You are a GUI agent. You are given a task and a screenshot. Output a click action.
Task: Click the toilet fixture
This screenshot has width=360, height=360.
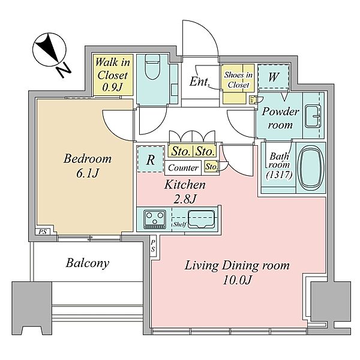pos(152,67)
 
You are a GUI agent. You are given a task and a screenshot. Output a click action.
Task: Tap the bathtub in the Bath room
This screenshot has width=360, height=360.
pos(310,167)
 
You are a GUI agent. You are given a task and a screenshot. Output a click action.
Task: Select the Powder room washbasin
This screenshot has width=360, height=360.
pos(313,116)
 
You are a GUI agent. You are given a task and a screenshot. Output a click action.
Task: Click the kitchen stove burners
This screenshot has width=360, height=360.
pos(155,219)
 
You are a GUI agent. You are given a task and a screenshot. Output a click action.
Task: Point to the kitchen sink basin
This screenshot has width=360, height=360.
pos(201,219)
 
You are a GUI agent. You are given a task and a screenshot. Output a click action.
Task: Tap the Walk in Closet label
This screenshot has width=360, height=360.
pos(112,74)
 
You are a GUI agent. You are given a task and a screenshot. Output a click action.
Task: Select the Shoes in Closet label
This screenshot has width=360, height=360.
pos(238,80)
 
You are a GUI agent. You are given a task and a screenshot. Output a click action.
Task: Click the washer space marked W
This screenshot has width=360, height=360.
pos(273,77)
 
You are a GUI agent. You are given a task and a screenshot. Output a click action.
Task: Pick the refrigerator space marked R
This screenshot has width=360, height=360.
pos(151,160)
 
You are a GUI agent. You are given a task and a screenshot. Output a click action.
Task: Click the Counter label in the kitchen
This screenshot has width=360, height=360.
pos(183,168)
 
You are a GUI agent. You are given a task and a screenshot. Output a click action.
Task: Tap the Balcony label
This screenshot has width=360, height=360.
pos(88,263)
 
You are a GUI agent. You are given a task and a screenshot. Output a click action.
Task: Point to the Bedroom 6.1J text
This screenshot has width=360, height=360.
pos(88,166)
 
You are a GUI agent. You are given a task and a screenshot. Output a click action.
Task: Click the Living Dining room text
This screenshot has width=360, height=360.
pos(237,266)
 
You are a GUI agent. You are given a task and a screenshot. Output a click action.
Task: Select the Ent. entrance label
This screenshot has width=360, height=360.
pos(200,82)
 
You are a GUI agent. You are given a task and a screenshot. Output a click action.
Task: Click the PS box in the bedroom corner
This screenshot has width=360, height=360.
pos(43,232)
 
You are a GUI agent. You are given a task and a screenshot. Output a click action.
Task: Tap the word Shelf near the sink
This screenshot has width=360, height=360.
pos(180,224)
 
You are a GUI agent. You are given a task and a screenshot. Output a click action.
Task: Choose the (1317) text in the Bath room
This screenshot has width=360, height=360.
pos(279,175)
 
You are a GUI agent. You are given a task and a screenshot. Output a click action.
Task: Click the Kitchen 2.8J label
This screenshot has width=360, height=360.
pos(185,192)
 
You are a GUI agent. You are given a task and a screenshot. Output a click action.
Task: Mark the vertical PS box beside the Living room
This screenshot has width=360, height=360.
pos(153,245)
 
